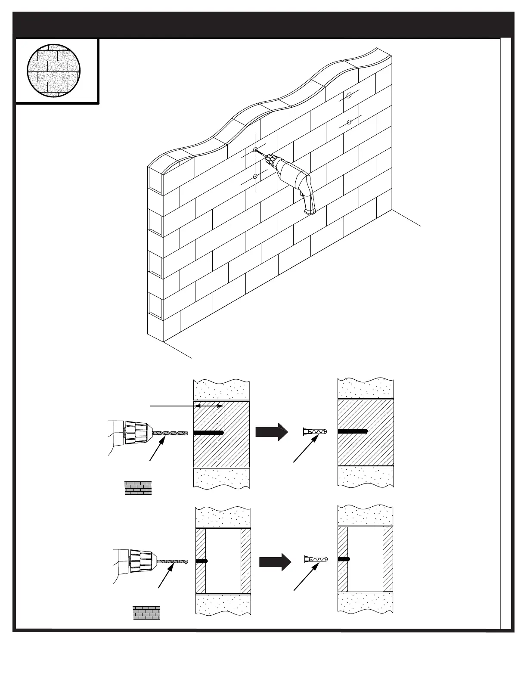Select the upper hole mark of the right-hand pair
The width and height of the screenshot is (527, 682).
tap(349, 95)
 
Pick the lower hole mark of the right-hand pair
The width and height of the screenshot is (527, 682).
tap(350, 122)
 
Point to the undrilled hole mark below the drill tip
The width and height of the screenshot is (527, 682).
tap(255, 176)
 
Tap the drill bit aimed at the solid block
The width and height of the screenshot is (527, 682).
tap(170, 433)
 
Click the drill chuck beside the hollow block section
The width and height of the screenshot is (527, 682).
tap(143, 561)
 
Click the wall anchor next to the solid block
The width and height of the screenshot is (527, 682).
tap(315, 431)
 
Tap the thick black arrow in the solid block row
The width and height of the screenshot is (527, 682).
tap(271, 432)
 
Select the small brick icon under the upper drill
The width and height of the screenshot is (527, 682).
tap(138, 488)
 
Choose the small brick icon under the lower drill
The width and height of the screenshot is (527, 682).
tap(146, 613)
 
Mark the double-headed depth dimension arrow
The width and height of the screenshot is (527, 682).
tap(209, 406)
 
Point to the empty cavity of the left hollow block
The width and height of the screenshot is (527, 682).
tap(223, 561)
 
